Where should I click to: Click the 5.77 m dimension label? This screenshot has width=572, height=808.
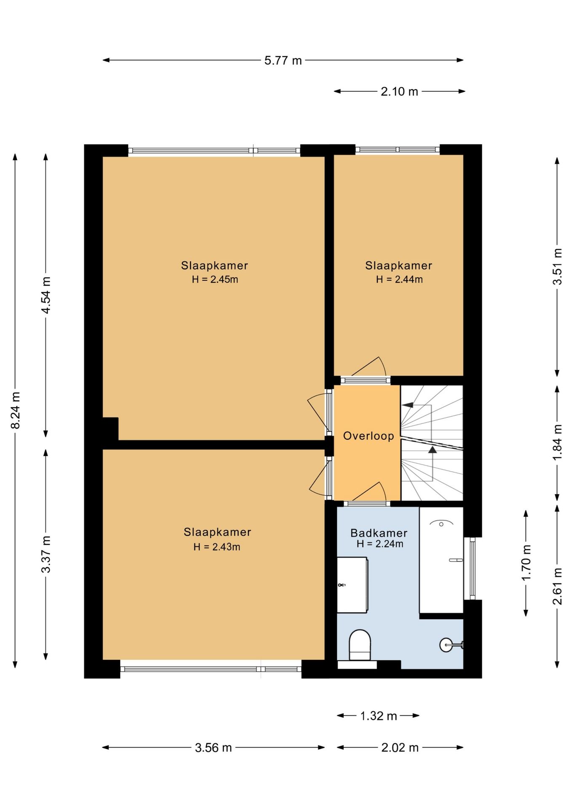pos(283,61)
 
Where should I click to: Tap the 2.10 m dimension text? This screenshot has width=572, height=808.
pos(399,91)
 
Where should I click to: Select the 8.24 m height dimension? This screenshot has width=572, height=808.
pos(15,410)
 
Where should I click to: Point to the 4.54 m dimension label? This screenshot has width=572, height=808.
pos(46,295)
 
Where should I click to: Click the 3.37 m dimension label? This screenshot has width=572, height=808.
pos(46,554)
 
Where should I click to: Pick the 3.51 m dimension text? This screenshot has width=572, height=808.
pos(557,267)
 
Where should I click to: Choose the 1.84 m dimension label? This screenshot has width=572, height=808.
pos(557,442)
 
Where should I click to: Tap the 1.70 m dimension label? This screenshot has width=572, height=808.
pos(526,563)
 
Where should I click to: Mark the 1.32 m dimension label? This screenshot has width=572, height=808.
pos(379,716)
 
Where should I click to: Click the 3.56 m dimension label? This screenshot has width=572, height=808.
pos(214,747)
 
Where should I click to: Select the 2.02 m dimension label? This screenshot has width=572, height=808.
pos(400,747)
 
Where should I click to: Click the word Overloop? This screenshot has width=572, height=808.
pos(369,436)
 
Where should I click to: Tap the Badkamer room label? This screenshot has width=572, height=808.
pos(379,533)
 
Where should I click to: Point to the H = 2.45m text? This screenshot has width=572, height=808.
pos(215,279)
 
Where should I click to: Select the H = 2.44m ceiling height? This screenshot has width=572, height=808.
pos(399,279)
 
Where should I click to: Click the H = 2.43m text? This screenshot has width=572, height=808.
pos(217,547)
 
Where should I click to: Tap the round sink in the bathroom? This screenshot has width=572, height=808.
pos(446,644)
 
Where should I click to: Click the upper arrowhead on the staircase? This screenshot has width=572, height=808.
pos(407,405)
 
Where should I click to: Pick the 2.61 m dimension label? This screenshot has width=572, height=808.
pos(557,586)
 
